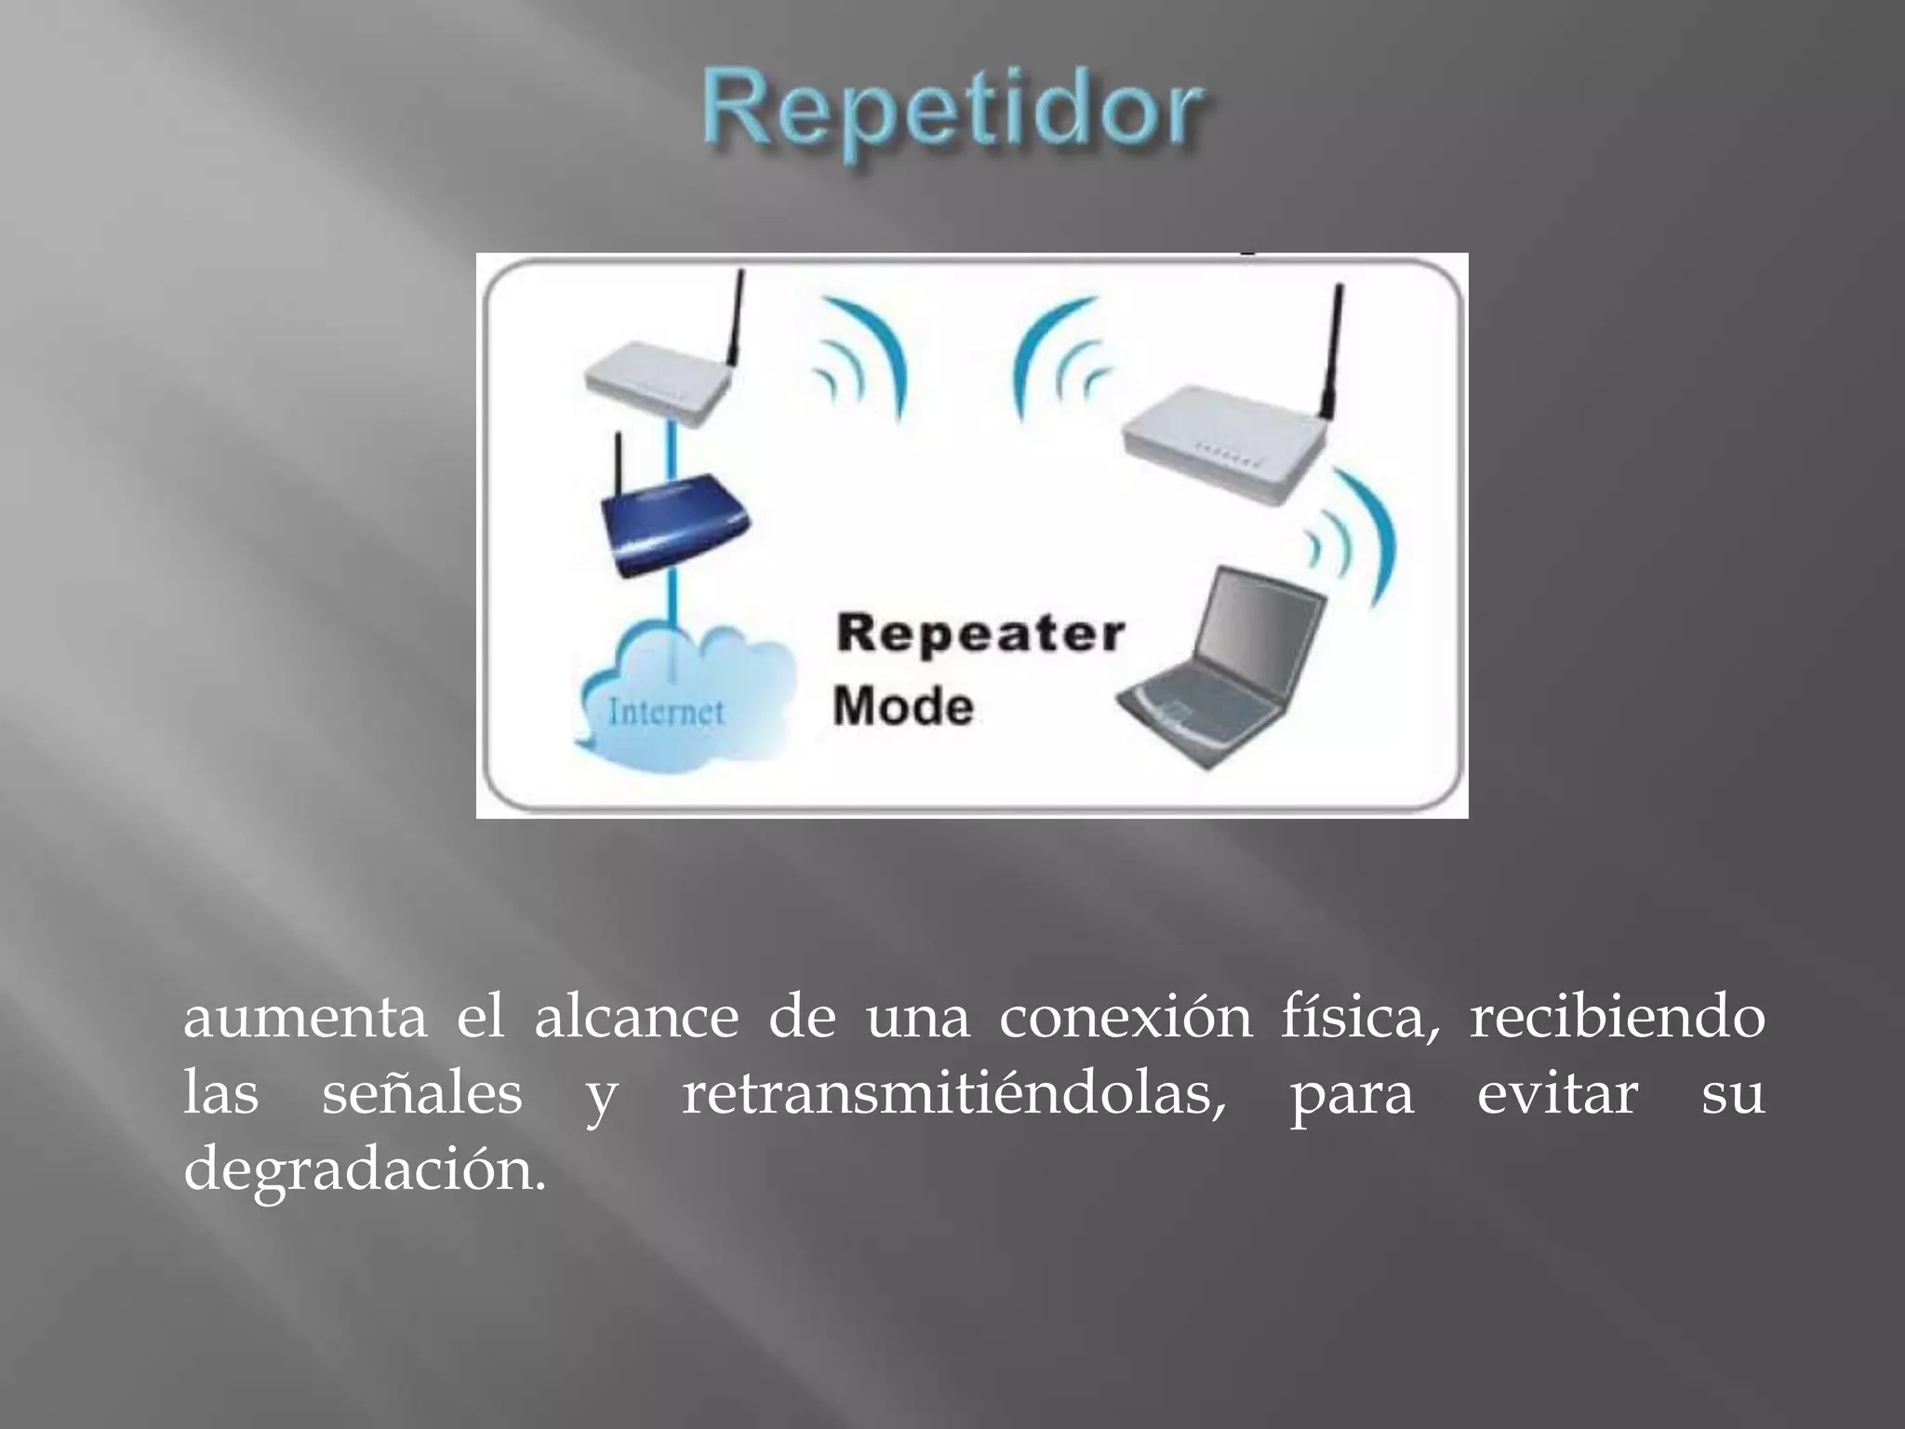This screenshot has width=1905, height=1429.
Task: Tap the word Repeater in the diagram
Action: pos(980,634)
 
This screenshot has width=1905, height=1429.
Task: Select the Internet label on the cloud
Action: pos(665,713)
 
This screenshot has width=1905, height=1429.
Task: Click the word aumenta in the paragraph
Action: pos(304,1019)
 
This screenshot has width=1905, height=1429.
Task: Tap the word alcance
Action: pos(635,1017)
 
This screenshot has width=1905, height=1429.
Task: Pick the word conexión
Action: pos(1126,1017)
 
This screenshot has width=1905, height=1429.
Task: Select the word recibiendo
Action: pos(1617,1017)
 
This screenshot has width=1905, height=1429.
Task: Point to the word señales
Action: pos(421,1094)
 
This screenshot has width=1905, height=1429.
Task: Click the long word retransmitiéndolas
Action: pos(953,1094)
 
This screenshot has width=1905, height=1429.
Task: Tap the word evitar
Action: pos(1557,1094)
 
